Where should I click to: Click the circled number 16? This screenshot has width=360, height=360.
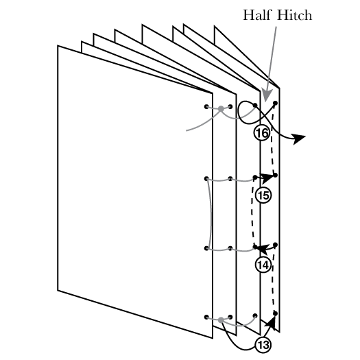point(262,133)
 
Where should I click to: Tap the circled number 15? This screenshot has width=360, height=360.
point(263,195)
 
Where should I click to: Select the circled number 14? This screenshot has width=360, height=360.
point(263,265)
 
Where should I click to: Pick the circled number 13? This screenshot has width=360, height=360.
point(263,345)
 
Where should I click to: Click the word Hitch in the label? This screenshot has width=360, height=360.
point(295,15)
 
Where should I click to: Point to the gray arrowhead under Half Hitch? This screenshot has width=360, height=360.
point(267,95)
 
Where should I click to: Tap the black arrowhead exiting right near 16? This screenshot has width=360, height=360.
point(299,139)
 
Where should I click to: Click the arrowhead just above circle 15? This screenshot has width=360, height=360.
point(267,178)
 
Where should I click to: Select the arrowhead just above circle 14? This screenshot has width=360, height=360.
point(263,249)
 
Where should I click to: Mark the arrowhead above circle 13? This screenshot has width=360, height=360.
point(270,322)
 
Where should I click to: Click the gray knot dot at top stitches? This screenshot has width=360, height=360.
point(221,108)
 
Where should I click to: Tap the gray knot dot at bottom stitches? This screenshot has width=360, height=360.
point(221,320)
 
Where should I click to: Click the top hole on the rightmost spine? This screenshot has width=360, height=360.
point(275,103)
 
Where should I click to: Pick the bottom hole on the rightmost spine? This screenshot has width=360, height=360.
point(275,313)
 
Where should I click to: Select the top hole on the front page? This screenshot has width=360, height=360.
point(206,106)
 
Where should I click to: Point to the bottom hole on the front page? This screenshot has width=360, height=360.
point(206,317)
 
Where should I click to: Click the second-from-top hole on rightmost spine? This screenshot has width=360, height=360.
point(275,175)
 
